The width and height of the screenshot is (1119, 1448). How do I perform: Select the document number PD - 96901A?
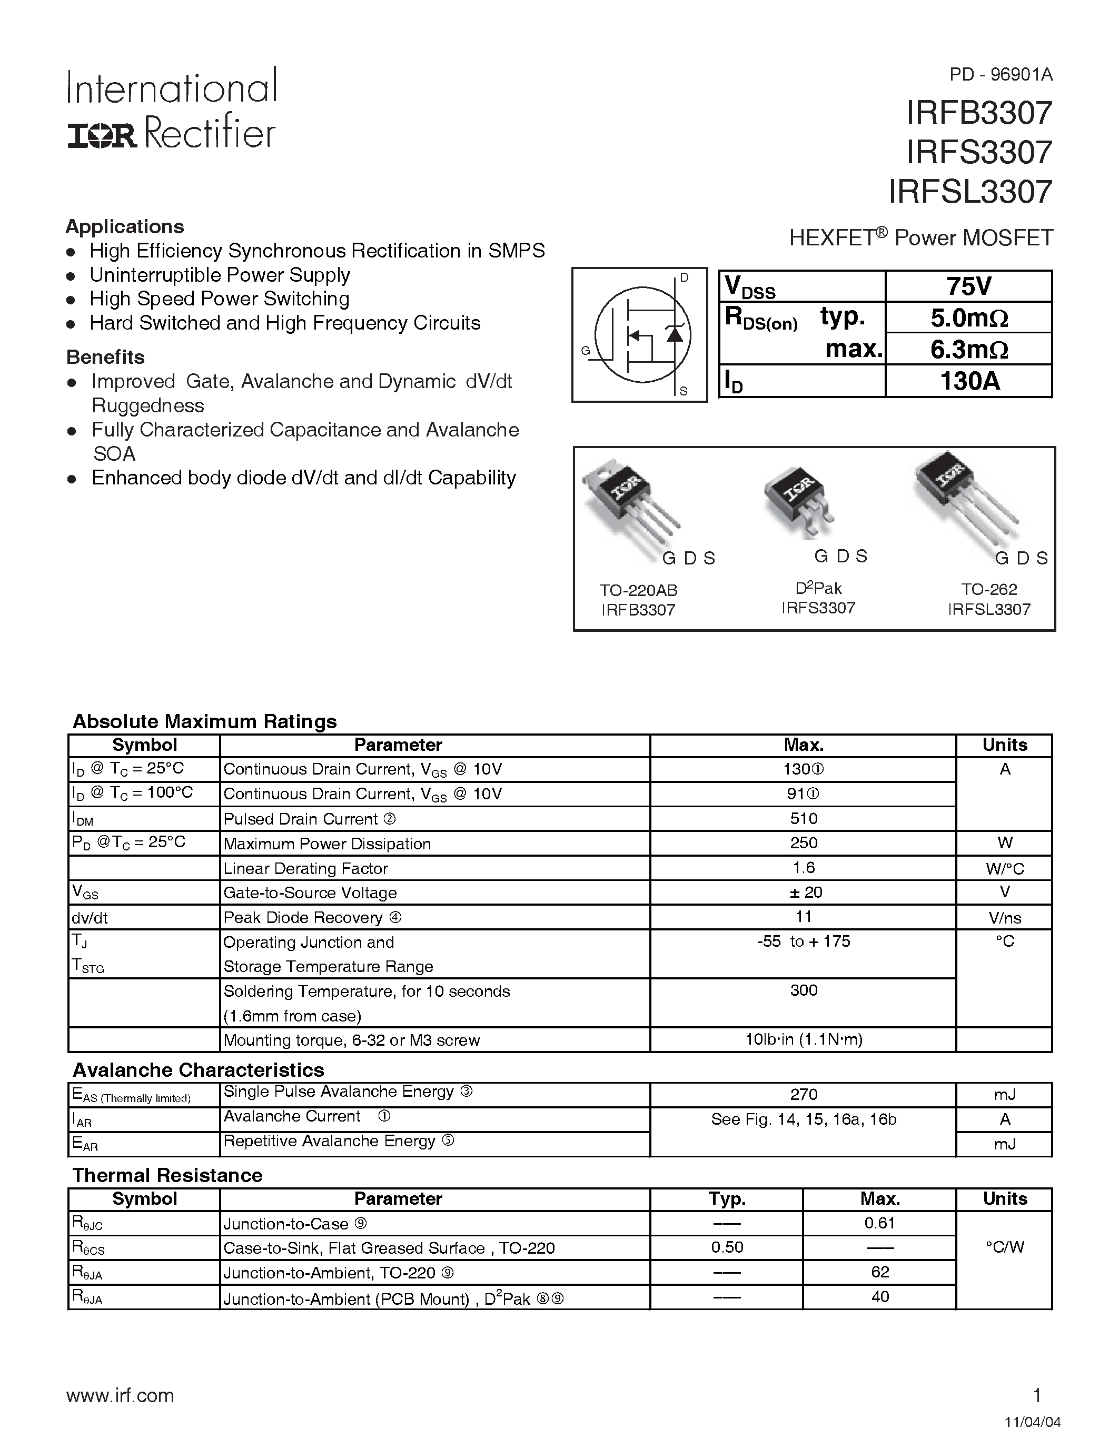(1001, 75)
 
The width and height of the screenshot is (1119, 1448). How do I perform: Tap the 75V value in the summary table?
(968, 286)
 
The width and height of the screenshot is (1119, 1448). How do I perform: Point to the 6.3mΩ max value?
(968, 349)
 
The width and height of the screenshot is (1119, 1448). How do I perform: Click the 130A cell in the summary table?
(968, 381)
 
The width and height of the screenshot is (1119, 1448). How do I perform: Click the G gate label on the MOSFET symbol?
(585, 351)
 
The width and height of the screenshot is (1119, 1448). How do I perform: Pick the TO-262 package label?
(989, 589)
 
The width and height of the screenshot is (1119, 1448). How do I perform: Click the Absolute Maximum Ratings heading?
(204, 721)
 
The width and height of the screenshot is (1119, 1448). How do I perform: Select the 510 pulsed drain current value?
(804, 818)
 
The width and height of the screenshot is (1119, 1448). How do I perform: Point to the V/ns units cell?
(1004, 918)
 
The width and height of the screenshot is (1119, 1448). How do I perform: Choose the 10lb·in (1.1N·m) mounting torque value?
(804, 1039)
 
